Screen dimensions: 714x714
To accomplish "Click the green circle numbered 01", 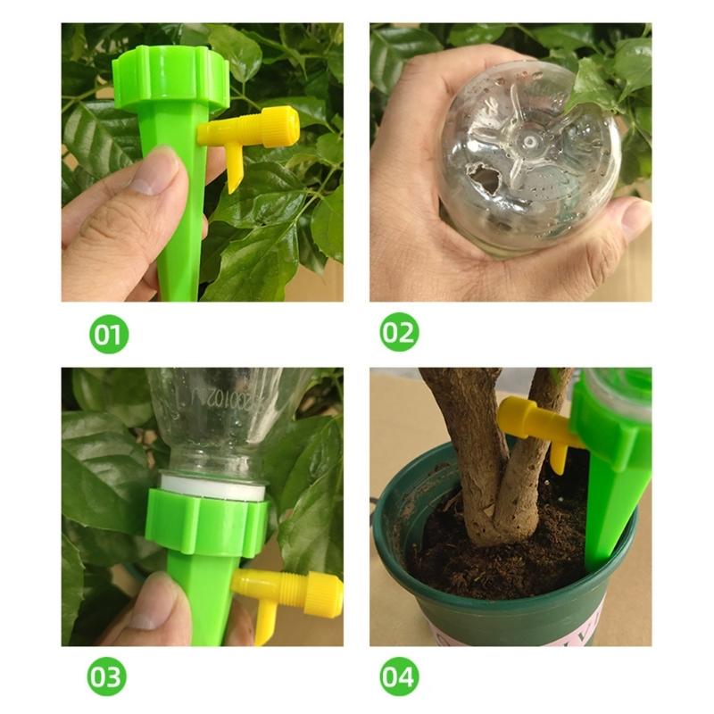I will coord(108,335).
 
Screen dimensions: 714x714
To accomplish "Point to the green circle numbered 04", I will coord(399,677).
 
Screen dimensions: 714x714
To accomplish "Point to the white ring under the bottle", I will coord(214,488).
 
